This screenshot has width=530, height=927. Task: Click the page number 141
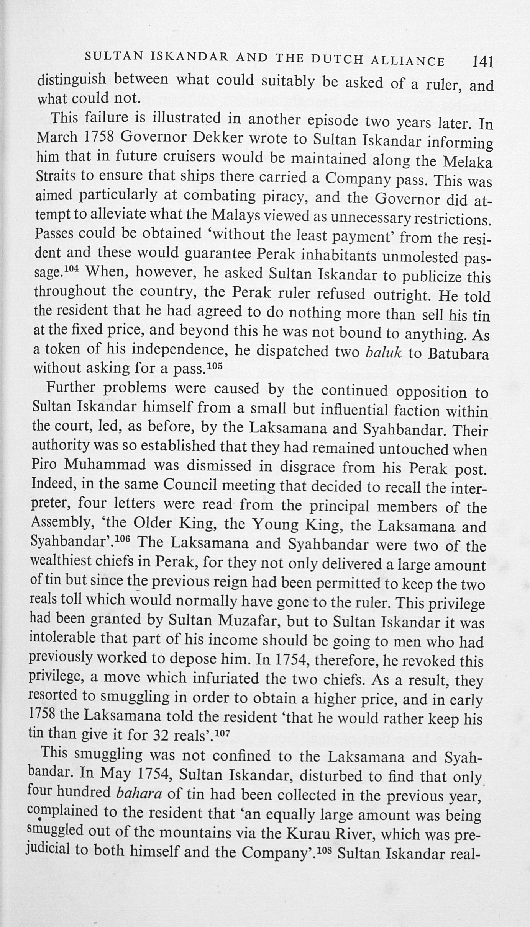point(482,62)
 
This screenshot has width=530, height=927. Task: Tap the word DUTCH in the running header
point(337,60)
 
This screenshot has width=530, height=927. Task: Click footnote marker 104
point(71,269)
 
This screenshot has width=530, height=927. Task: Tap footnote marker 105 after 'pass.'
point(214,365)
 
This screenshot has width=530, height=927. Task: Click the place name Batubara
point(458,354)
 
